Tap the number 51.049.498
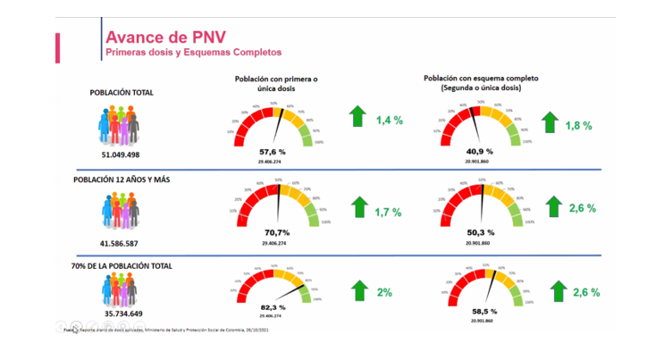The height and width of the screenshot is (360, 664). [121, 155]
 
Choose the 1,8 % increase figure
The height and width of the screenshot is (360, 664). [578, 126]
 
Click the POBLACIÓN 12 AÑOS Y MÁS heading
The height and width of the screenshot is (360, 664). [122, 180]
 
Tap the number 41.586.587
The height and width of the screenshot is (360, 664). [121, 242]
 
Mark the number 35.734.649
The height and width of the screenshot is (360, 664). [121, 315]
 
